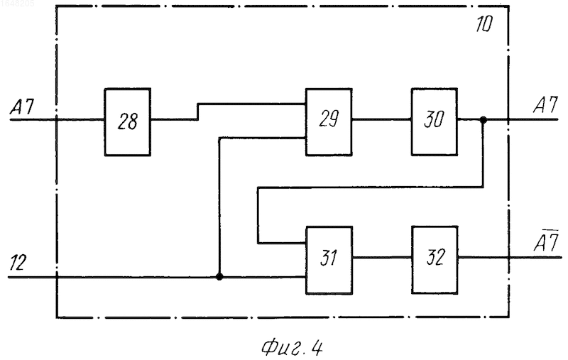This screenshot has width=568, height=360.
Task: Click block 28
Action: (128, 122)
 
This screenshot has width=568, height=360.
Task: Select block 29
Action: (329, 122)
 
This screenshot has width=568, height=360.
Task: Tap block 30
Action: (434, 122)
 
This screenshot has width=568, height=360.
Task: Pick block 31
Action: (329, 260)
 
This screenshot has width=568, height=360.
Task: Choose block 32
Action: (435, 260)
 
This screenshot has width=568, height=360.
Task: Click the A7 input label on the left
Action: (22, 107)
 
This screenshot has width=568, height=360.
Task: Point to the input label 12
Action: (18, 263)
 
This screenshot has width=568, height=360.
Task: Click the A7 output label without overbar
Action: (545, 105)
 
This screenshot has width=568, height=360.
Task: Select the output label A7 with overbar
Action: (546, 241)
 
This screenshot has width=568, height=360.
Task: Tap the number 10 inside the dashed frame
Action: (484, 24)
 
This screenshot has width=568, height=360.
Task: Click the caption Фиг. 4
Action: (292, 348)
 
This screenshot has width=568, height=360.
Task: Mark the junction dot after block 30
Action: (483, 119)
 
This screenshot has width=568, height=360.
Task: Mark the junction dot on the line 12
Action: (219, 277)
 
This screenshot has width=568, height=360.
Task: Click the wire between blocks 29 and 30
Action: (381, 119)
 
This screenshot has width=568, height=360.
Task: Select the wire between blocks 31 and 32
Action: (382, 258)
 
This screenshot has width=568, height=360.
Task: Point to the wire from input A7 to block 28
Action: (58, 119)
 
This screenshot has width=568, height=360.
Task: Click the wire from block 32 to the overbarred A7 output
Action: (510, 258)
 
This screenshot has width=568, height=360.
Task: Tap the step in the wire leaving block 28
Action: (198, 111)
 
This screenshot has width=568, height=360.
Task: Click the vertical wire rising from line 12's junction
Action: (219, 207)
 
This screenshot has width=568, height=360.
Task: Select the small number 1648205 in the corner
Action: (17, 4)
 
